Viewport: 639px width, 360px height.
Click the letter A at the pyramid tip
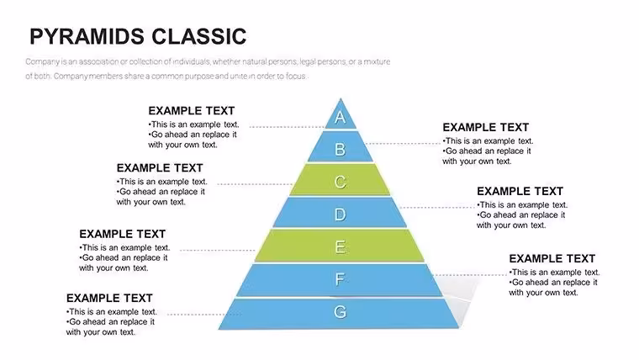pos(341,118)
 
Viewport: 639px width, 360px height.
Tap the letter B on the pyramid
pos(341,149)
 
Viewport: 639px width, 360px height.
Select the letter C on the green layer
pos(341,182)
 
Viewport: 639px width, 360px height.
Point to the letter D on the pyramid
pos(341,214)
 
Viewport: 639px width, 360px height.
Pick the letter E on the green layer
pos(341,247)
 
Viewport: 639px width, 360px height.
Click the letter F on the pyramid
pos(340,279)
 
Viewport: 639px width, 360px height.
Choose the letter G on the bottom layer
pos(341,312)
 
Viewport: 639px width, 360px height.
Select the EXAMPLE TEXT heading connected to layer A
pos(192,111)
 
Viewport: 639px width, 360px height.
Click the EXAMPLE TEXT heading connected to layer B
pos(486,127)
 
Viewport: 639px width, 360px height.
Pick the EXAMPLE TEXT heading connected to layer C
pos(160,168)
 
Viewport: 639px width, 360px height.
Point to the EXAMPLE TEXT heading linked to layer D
pos(520,191)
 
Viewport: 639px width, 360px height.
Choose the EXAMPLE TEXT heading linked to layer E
pos(123,234)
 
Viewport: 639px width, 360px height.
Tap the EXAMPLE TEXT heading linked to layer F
pos(552,258)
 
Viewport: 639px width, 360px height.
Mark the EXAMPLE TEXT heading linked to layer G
pos(109,298)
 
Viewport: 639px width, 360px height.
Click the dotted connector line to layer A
pos(288,127)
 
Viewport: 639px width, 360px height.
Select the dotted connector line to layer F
pos(470,275)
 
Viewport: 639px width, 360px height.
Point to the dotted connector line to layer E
pos(218,250)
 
